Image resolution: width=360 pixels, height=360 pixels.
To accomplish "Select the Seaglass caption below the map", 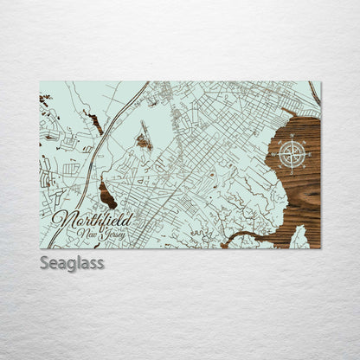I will tap(71, 262).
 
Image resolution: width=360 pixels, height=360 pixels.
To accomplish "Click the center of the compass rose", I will tap(294, 156).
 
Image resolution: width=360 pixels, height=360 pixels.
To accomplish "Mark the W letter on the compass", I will tap(274, 156).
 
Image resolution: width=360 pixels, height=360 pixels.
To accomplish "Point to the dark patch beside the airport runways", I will tap(144, 139).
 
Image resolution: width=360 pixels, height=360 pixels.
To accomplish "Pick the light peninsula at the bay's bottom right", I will tap(299, 236).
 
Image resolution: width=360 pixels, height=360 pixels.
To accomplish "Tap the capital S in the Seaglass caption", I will tap(44, 262).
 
